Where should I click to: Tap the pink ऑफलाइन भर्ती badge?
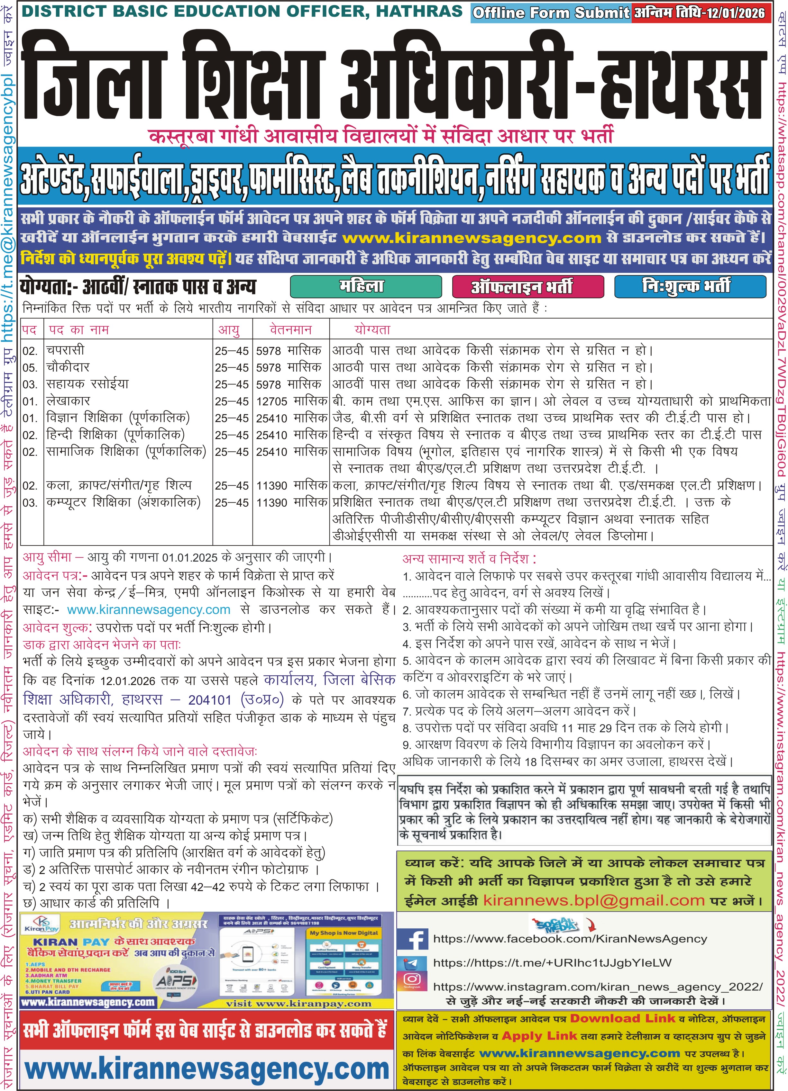point(527,287)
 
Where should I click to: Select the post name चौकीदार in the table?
point(68,367)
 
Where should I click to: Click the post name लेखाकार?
point(68,401)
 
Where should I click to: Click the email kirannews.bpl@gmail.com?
point(593,900)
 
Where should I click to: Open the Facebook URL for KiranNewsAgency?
point(570,939)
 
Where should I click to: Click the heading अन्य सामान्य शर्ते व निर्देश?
point(469,558)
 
